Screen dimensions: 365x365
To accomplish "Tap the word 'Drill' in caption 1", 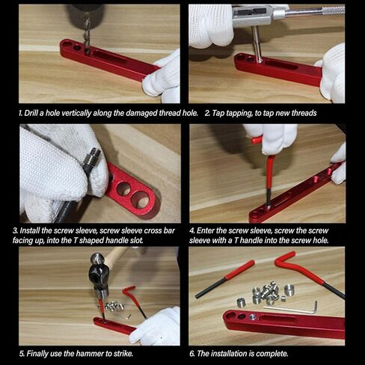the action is (31, 113).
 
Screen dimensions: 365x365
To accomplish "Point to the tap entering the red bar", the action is (257, 43).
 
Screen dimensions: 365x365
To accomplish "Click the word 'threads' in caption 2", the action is (304, 113).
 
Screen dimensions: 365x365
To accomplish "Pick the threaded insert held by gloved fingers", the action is (91, 159).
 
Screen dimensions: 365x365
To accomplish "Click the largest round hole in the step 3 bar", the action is (141, 200).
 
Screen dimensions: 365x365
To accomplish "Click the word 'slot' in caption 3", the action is (137, 241).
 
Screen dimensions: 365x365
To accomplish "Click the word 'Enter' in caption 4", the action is (203, 230).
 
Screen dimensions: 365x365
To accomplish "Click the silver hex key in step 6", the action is (292, 309).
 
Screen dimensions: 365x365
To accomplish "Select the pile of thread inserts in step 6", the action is (266, 293).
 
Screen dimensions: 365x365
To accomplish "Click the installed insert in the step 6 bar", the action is (252, 317).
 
